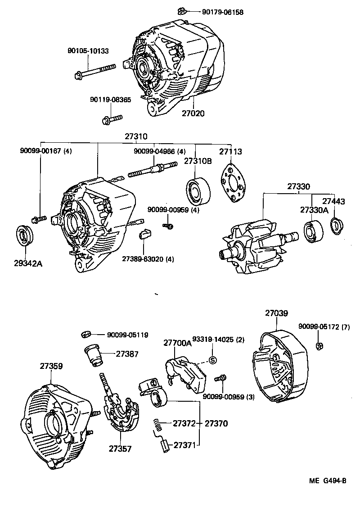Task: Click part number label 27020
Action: pos(193,113)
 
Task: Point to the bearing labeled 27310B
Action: pos(196,189)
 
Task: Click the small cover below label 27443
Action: pos(336,226)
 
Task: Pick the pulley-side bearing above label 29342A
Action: pos(24,236)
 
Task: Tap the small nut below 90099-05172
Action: pos(318,346)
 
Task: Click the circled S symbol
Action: pos(213,360)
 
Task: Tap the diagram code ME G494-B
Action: pos(327,481)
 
